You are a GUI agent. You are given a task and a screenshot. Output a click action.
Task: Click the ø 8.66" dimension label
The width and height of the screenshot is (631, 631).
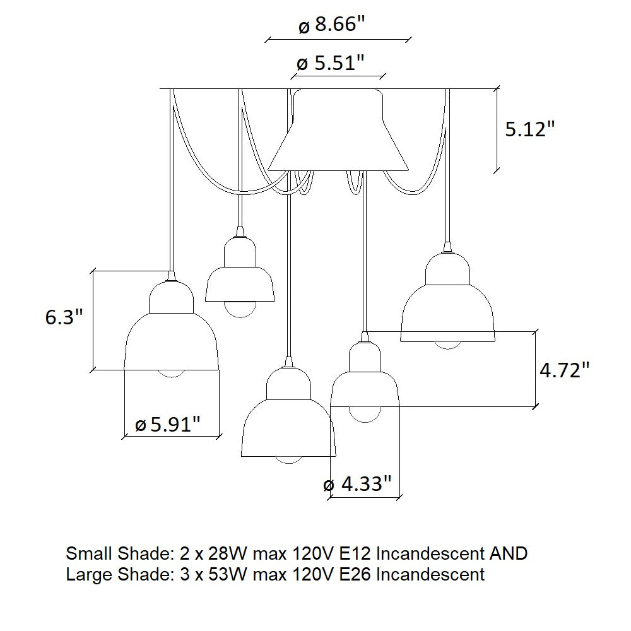point(332,25)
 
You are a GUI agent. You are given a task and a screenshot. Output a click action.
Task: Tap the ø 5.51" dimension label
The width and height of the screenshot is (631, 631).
point(331,63)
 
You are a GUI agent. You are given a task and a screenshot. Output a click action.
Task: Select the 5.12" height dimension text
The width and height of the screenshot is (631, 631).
point(529,129)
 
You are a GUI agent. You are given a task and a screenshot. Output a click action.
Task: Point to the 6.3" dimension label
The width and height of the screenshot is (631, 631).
point(64,317)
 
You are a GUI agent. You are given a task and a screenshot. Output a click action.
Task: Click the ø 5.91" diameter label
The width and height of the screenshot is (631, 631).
point(167,424)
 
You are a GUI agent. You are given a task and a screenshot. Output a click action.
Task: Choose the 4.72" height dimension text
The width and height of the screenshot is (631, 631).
point(564,370)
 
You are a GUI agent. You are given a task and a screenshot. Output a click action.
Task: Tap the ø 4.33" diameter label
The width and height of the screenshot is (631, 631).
point(357,484)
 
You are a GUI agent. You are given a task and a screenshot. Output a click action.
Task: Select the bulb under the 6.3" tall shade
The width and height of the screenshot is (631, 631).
point(172,374)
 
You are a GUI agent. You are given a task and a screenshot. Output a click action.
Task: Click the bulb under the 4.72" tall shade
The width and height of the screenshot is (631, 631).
point(365,415)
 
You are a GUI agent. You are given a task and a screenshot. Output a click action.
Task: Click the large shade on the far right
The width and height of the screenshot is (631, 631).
point(447,298)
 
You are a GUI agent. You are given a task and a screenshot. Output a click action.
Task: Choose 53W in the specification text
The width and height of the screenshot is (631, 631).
point(227,574)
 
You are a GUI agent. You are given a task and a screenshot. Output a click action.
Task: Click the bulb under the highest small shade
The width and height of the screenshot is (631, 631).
point(240,310)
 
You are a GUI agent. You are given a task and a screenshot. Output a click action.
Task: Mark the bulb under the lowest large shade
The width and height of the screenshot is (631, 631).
point(288,461)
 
